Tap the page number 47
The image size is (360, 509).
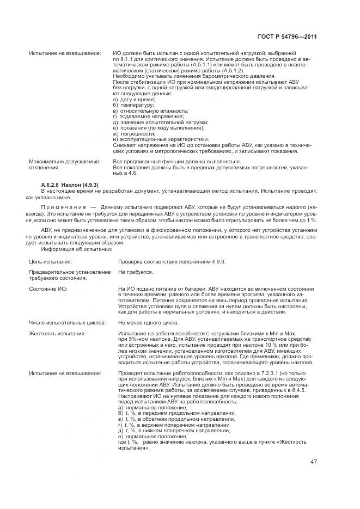pyautogui.click(x=314, y=462)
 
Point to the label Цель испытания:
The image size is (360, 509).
pyautogui.click(x=50, y=262)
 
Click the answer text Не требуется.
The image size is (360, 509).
pyautogui.click(x=136, y=272)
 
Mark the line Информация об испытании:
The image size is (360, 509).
pyautogui.click(x=77, y=250)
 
